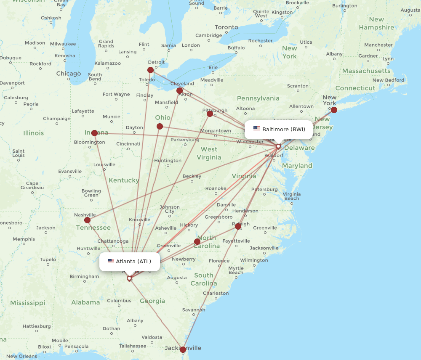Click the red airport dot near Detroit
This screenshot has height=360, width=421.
pos(150,70)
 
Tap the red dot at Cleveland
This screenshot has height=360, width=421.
pos(180,90)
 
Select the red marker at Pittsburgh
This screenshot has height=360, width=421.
pos(210,114)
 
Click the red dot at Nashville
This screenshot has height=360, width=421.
pos(87,220)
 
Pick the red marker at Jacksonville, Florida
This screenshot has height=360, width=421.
pos(183,349)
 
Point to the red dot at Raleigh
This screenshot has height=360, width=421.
pos(238,226)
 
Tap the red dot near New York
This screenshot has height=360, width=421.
pos(334,110)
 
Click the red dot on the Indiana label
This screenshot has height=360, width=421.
pos(94,133)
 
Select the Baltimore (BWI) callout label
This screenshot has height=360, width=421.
pos(278,129)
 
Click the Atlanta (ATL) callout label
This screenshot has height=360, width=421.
pos(130,262)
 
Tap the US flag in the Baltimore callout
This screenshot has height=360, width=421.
pos(256,129)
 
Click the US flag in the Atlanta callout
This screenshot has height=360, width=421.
pos(111,262)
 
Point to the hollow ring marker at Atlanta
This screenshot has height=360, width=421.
pos(129,278)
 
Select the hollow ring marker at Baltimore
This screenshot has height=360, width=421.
pos(278,146)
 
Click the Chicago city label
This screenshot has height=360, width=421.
pos(69,74)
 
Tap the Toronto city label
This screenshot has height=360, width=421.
pos(226,27)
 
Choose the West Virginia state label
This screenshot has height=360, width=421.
pos(209,153)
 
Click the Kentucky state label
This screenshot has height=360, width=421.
pos(124,180)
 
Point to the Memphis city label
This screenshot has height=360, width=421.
pos(24,239)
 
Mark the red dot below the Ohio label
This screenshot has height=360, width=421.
pos(160,126)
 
